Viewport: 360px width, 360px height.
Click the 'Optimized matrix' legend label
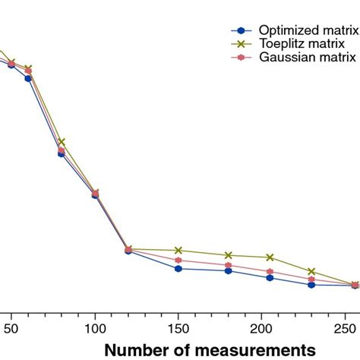point(308,30)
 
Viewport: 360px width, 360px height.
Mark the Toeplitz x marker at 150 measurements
point(178,250)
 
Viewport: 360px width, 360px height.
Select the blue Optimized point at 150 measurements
point(178,268)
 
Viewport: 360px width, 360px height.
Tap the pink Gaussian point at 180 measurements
point(229,265)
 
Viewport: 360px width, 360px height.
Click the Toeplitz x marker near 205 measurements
point(270,257)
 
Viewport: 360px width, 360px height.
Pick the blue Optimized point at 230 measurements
point(312,285)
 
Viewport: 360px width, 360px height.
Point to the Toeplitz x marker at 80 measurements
point(62,142)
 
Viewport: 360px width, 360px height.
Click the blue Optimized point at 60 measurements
point(28,77)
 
